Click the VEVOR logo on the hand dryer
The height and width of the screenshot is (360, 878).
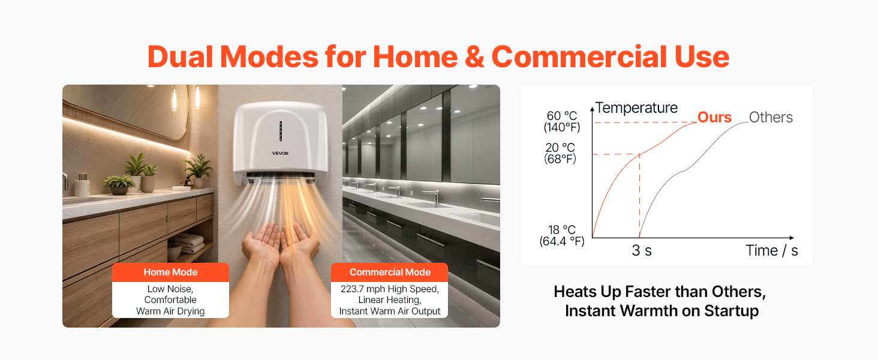click(x=280, y=154)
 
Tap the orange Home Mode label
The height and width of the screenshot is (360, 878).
click(x=170, y=272)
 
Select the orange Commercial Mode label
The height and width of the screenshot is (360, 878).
click(x=390, y=272)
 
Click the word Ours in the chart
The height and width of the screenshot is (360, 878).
click(x=714, y=117)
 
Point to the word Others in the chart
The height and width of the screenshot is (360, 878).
click(x=771, y=117)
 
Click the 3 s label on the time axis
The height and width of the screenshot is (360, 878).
click(x=642, y=250)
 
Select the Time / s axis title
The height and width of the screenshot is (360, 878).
click(x=771, y=251)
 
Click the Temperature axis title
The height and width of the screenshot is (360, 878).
click(x=636, y=107)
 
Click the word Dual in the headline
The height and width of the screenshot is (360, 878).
click(x=181, y=57)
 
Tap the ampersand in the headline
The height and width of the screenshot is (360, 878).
click(x=474, y=57)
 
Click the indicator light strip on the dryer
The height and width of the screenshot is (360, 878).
click(x=281, y=131)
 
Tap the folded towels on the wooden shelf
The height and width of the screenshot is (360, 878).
click(x=190, y=244)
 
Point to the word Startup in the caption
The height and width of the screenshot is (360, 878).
click(x=732, y=311)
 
